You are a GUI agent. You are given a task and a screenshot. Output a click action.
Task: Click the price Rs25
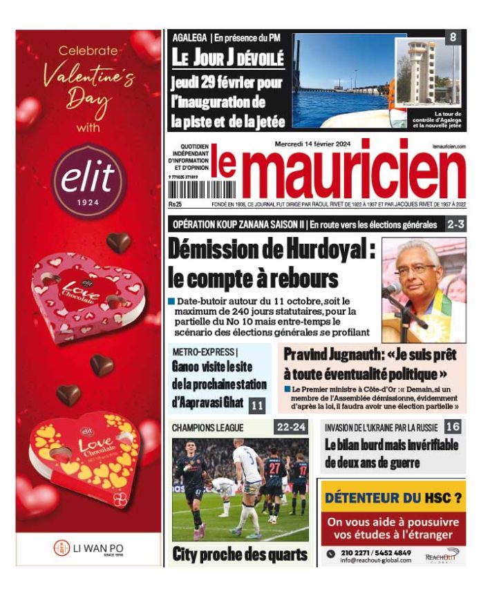pyautogui.click(x=175, y=204)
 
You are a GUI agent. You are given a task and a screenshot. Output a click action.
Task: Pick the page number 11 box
pyautogui.click(x=257, y=405)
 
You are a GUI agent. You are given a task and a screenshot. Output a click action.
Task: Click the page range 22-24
pyautogui.click(x=291, y=427)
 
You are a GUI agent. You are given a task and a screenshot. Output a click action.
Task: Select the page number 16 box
pyautogui.click(x=453, y=427)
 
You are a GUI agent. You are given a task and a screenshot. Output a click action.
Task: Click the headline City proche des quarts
pyautogui.click(x=239, y=553)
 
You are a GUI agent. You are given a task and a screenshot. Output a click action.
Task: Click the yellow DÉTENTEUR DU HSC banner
pyautogui.click(x=393, y=497)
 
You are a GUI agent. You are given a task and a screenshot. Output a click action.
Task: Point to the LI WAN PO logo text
pyautogui.click(x=97, y=549)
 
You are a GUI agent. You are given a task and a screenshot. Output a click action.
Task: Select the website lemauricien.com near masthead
pyautogui.click(x=449, y=146)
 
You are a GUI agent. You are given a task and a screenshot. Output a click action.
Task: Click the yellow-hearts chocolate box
pyautogui.click(x=84, y=452)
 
